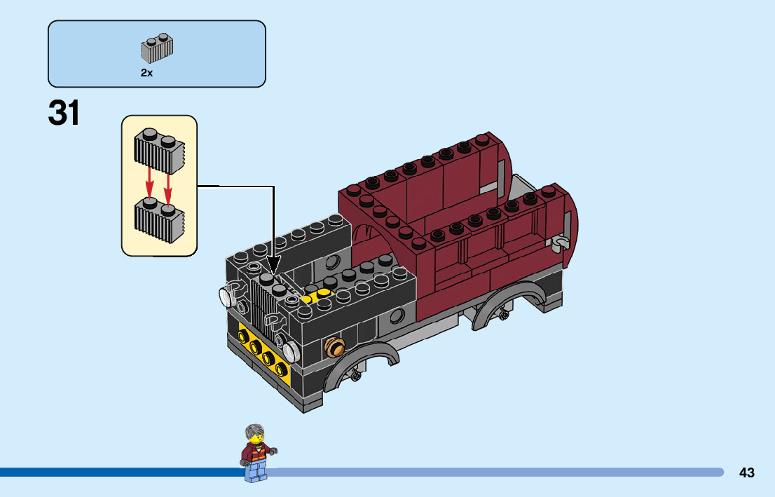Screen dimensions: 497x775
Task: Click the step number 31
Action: click(64, 113)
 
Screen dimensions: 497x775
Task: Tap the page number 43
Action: click(746, 472)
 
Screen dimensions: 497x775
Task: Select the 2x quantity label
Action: click(146, 73)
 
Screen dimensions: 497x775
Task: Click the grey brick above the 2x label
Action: click(158, 48)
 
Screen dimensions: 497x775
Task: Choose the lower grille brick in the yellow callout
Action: click(159, 218)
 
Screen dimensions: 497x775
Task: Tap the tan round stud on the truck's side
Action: click(335, 345)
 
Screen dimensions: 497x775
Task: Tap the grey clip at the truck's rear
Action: click(560, 242)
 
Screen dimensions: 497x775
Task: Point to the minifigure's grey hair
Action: click(255, 431)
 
